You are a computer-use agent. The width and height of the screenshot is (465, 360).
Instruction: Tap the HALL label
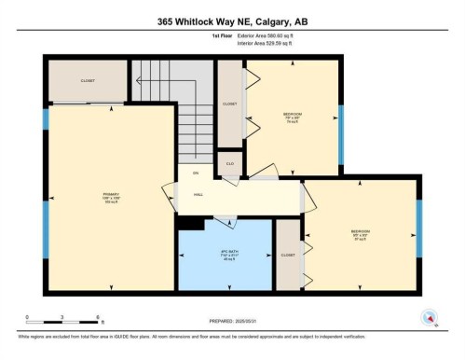point(198,195)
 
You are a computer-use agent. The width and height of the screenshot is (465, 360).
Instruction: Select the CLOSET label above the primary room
point(87,81)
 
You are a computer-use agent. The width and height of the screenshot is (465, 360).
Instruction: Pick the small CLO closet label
point(228,164)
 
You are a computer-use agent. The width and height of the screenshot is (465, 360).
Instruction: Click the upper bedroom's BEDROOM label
point(292,114)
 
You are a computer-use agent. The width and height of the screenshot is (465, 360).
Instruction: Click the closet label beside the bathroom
point(287,255)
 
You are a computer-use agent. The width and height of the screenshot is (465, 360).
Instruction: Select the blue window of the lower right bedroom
point(418,229)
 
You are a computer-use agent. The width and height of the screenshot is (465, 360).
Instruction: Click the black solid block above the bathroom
point(191,223)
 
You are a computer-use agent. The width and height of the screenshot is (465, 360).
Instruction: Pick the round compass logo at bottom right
point(430,316)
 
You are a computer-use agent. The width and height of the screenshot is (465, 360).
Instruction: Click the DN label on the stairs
point(196,173)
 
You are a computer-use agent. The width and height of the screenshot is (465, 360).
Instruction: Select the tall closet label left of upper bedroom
point(230,104)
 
